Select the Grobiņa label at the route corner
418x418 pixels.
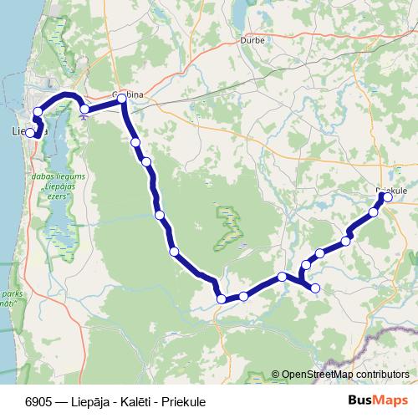128,95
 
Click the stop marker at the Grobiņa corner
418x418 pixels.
122,99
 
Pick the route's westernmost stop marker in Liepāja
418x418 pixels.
30,132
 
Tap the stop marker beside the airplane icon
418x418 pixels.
84,109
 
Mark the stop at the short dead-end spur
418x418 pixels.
315,288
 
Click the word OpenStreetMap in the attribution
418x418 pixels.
318,375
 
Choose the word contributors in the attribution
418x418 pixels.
383,375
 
